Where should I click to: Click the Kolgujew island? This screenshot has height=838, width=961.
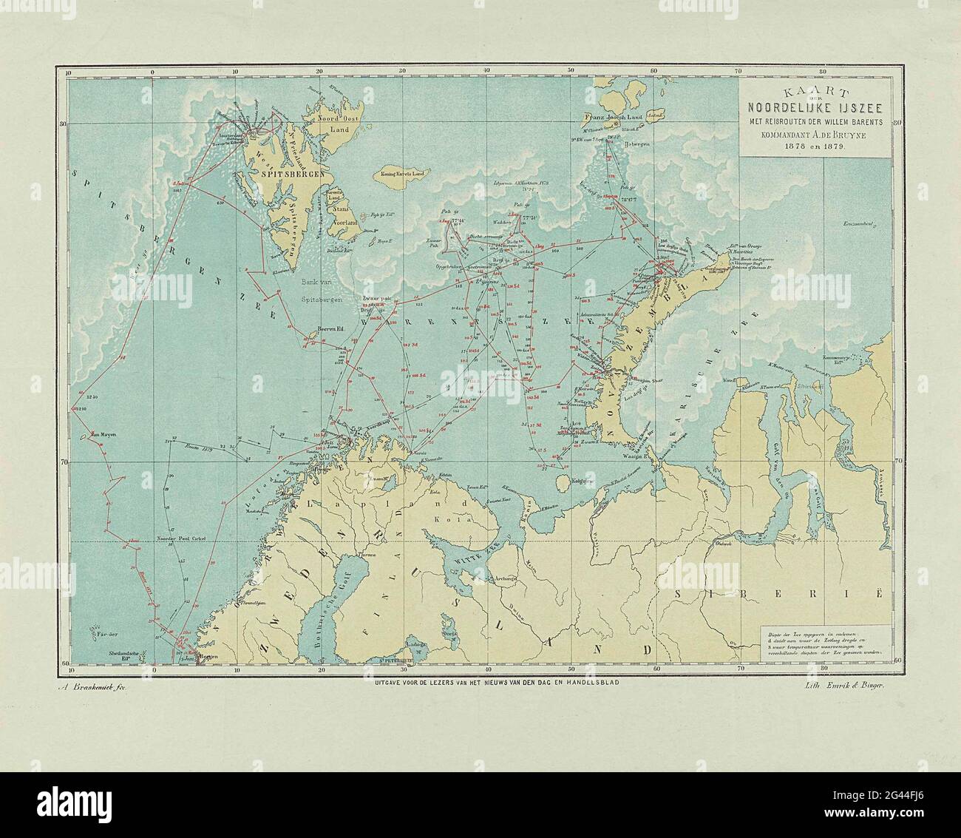click(563, 483)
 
